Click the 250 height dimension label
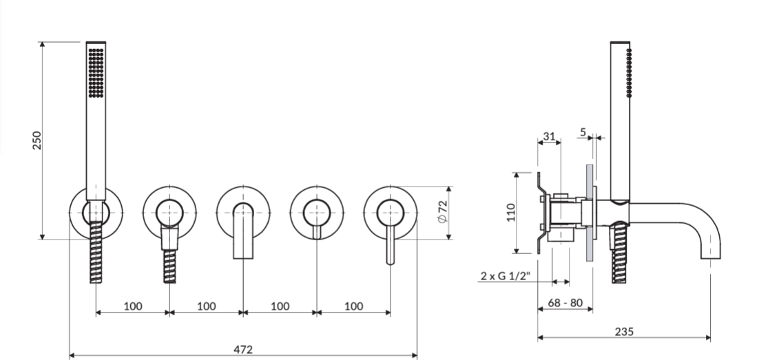37,140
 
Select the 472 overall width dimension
243,349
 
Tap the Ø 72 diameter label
442,211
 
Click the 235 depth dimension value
624,332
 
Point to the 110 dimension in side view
511,213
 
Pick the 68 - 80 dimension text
565,303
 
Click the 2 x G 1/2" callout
506,275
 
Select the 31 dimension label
549,136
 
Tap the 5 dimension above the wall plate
583,132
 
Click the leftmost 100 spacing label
133,306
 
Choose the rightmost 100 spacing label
353,306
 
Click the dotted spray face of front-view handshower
96,72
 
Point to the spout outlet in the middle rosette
243,231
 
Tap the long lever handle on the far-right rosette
391,244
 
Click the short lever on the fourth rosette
317,232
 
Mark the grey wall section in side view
590,213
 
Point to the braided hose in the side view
619,253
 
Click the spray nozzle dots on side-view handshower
629,72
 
